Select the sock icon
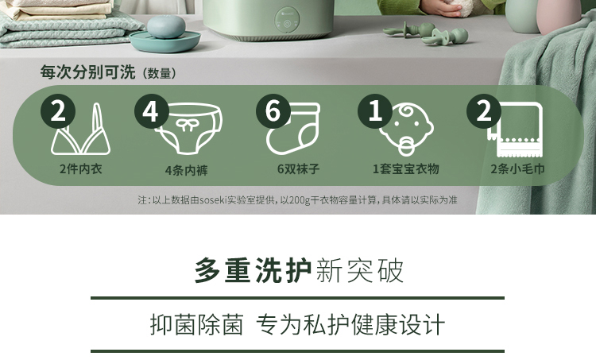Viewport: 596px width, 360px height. tap(292, 129)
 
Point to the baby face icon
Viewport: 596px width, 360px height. tap(406, 130)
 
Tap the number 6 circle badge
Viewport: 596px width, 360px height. tap(273, 111)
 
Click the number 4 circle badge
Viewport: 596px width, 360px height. tap(151, 111)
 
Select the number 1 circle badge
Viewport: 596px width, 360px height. tap(375, 111)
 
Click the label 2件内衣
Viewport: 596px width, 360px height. tap(81, 168)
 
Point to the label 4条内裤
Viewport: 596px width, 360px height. tap(187, 170)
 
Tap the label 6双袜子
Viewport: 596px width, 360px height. tap(298, 168)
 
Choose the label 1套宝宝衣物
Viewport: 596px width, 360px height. tap(406, 168)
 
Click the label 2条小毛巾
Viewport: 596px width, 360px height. tap(517, 168)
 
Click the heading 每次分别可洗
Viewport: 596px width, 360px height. tap(87, 72)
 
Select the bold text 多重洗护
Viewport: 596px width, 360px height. tap(253, 271)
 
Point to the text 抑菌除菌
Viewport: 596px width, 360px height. tap(196, 325)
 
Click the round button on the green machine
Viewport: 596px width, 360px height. tap(287, 23)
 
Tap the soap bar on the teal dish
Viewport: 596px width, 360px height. tap(166, 27)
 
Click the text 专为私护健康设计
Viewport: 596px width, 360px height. tap(350, 325)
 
